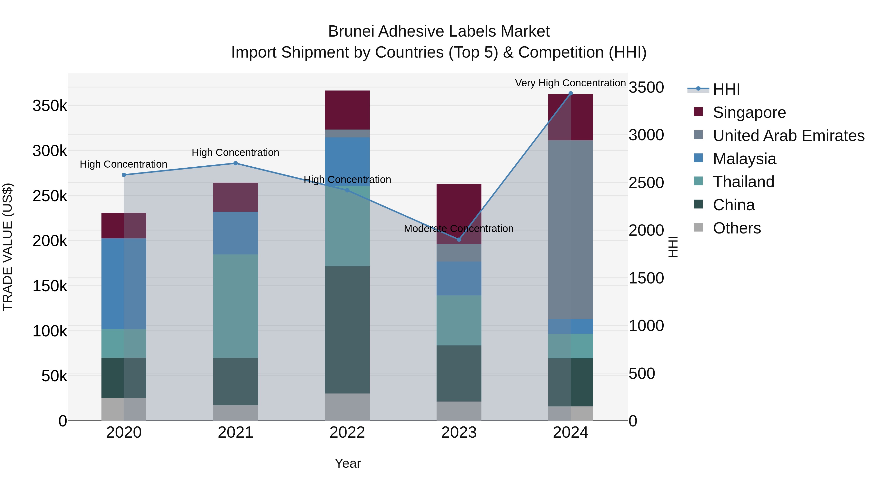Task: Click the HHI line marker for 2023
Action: (x=459, y=240)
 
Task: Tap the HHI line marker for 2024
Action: (x=570, y=93)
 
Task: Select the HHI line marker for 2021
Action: (x=236, y=163)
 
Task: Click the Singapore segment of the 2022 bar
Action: (x=347, y=110)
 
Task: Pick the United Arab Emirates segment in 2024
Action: (x=570, y=230)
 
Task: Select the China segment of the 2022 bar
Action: (x=347, y=330)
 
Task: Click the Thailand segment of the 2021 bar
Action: (x=236, y=306)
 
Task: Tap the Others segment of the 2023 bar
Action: (x=459, y=411)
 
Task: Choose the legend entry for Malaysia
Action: (x=744, y=159)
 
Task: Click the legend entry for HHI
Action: (x=726, y=89)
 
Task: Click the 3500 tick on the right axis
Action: (x=646, y=87)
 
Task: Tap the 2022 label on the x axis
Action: (x=347, y=433)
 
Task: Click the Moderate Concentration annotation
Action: (x=459, y=228)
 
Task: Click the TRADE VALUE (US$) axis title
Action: (x=8, y=247)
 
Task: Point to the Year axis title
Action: (x=348, y=463)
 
